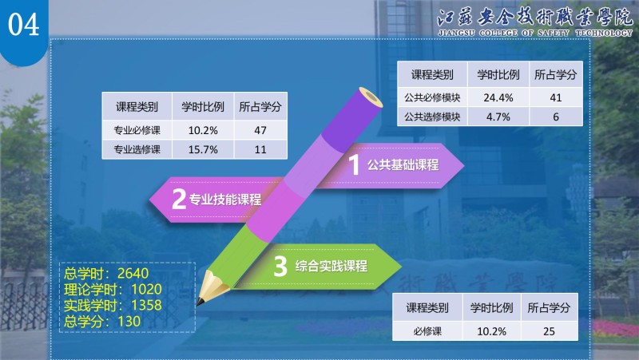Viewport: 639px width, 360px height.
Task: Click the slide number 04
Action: coord(24,25)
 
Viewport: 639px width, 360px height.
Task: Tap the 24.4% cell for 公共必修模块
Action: coord(498,97)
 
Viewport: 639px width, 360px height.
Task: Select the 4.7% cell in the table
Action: coord(498,117)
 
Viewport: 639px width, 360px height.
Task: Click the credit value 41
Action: coord(555,97)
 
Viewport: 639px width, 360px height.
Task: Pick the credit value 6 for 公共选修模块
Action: coord(555,117)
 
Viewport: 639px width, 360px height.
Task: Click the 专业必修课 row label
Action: coord(137,130)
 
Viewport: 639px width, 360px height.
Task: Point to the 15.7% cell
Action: coord(203,149)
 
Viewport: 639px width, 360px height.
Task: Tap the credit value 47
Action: coord(260,130)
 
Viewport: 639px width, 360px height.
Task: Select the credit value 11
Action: coord(260,149)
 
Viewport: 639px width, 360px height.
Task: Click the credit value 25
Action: coord(549,331)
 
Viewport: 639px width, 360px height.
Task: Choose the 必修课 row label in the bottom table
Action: coord(427,331)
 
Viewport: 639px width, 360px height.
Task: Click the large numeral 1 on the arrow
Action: coord(354,164)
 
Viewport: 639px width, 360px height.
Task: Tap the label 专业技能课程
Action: coord(225,200)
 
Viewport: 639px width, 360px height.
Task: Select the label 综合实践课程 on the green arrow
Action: coord(331,266)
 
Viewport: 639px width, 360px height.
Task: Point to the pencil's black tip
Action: coord(200,302)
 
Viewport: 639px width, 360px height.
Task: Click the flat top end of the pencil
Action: coord(371,97)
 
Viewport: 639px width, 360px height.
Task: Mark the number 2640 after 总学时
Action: coord(133,273)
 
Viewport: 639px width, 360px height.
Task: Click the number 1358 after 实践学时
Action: coord(146,305)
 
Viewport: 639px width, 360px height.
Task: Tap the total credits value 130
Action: coord(129,322)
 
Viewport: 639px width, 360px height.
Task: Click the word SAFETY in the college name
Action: coord(553,33)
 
